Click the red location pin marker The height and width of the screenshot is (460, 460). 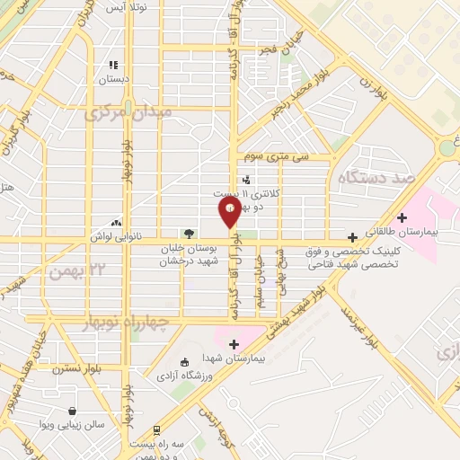coord(230,212)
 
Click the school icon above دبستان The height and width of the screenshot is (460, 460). coord(113,66)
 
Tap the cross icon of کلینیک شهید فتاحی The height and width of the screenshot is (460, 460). coord(352,237)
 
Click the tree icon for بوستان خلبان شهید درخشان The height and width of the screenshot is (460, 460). coord(188,234)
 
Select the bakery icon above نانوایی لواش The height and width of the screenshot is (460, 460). coord(116,222)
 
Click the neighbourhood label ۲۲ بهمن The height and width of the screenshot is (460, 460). coord(93,271)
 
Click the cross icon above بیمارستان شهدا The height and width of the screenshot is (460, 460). coord(234,344)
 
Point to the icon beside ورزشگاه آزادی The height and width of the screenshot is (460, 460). coord(185,362)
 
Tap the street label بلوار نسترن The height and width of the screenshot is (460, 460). coord(75,367)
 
